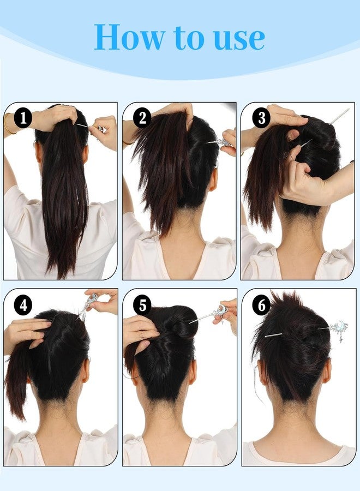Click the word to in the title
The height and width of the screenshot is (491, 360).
[x=187, y=38]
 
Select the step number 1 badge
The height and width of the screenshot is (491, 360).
[x=22, y=117]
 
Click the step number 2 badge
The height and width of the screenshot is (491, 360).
[x=143, y=117]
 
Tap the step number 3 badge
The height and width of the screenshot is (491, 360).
[x=261, y=117]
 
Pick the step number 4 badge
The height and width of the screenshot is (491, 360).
[x=23, y=305]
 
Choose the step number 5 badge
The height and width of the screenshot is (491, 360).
[x=142, y=305]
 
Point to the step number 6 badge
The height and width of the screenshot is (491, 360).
[x=261, y=305]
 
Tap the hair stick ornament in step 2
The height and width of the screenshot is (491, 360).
[x=223, y=143]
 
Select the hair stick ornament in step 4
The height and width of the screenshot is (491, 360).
[x=91, y=302]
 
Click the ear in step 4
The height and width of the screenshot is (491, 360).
[x=86, y=370]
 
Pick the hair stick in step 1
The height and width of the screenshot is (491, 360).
[x=90, y=127]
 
